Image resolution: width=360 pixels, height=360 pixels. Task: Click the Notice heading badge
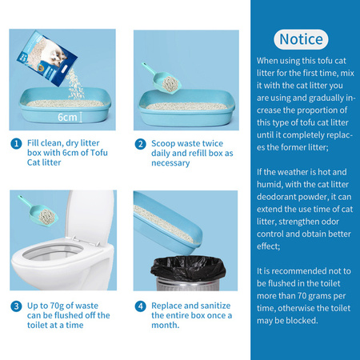pyautogui.click(x=301, y=39)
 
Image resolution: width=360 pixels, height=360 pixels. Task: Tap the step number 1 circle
pyautogui.click(x=16, y=144)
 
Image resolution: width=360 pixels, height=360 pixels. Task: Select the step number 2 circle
pyautogui.click(x=140, y=144)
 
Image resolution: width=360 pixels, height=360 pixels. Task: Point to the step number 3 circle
pyautogui.click(x=16, y=306)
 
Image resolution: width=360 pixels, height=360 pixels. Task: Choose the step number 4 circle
pyautogui.click(x=140, y=306)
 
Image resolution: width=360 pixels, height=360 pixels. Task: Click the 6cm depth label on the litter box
pyautogui.click(x=67, y=117)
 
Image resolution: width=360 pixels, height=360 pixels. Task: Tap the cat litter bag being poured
pyautogui.click(x=46, y=58)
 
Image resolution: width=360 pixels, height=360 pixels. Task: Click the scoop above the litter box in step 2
pyautogui.click(x=162, y=78)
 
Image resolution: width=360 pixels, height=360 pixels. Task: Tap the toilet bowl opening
pyautogui.click(x=53, y=252)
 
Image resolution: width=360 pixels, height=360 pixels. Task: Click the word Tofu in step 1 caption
pyautogui.click(x=99, y=153)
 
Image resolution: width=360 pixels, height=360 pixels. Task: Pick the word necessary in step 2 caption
pyautogui.click(x=170, y=163)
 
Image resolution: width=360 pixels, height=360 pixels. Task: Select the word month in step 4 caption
pyautogui.click(x=165, y=325)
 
